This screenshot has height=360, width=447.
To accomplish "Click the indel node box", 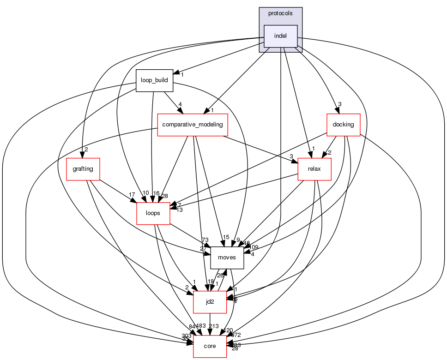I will [x=280, y=36].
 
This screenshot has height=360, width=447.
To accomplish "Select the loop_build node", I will [x=154, y=80].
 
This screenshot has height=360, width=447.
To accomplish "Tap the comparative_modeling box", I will [x=193, y=125].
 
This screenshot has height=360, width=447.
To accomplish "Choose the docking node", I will [x=343, y=125].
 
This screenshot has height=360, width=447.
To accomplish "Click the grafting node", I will [x=83, y=169].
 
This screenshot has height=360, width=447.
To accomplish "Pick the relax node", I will [x=315, y=169].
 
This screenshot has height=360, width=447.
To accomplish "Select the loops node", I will [x=153, y=213].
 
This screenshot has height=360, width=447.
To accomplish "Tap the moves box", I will [x=227, y=258].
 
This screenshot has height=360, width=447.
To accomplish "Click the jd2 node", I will [x=210, y=302].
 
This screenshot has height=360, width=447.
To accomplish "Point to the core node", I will [x=210, y=346].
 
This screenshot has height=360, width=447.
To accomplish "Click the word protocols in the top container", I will [x=280, y=13].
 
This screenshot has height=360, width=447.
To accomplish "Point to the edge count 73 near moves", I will [x=205, y=240].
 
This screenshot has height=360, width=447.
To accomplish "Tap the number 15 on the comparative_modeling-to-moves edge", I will [x=226, y=237].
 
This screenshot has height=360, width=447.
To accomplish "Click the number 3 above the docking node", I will [x=339, y=104].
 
